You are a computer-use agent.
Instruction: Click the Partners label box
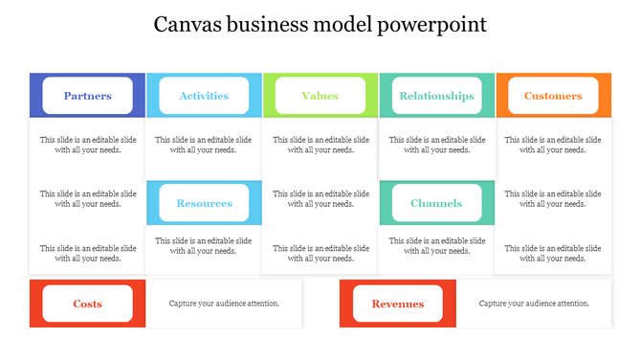click(87, 96)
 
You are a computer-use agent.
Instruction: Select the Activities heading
click(204, 96)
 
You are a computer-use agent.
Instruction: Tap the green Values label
click(320, 96)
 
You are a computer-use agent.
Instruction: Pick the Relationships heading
click(436, 96)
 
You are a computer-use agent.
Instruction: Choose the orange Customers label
click(553, 96)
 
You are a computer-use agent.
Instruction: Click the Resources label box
click(204, 203)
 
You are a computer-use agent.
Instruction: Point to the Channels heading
click(436, 203)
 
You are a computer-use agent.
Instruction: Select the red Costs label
click(87, 304)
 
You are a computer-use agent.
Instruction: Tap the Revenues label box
click(398, 304)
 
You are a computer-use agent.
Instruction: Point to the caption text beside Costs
click(225, 304)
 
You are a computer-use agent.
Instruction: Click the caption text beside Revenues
click(534, 304)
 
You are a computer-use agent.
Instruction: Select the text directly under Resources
click(204, 246)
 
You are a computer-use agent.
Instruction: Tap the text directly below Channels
click(436, 246)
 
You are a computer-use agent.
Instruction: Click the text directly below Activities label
click(204, 145)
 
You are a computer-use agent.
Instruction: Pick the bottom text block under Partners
click(87, 253)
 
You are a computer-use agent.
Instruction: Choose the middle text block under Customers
click(553, 198)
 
